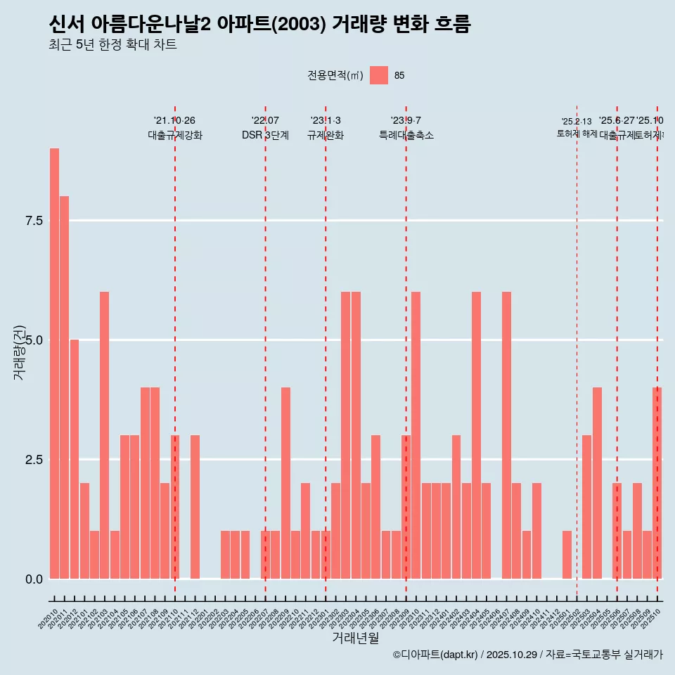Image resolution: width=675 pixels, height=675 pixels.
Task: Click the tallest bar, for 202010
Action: [54, 364]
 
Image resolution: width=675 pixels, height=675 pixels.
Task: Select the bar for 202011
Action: [64, 387]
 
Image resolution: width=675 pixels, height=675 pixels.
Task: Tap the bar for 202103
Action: [104, 435]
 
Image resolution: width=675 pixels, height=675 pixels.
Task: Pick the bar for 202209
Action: [285, 483]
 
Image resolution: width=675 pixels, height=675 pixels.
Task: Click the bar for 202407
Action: [506, 435]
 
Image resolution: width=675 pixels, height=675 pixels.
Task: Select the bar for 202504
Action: [597, 483]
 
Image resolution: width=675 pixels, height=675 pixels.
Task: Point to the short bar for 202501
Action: [567, 555]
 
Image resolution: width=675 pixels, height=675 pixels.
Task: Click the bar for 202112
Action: [195, 507]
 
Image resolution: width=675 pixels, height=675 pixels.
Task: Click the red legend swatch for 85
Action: [379, 75]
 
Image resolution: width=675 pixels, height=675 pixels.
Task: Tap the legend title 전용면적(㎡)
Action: [335, 76]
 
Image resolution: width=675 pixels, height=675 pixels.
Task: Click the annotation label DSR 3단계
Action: [265, 136]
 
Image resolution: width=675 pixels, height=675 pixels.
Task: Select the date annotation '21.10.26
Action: [174, 121]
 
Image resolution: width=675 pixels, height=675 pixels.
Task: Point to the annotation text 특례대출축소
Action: [406, 136]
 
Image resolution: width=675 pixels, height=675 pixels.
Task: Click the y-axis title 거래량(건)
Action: [19, 352]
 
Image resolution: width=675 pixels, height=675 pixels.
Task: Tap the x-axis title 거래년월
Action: [355, 638]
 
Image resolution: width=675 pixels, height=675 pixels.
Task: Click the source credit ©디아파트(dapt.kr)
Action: [435, 655]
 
